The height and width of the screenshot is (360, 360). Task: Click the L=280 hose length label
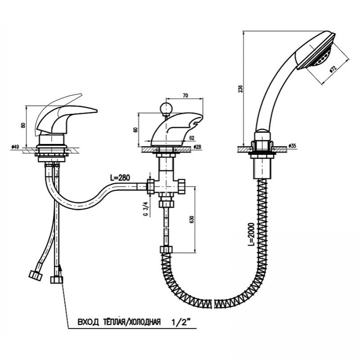tap(120, 178)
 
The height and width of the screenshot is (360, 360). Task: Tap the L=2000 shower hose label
tap(252, 234)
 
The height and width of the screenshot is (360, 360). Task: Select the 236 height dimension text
tap(240, 89)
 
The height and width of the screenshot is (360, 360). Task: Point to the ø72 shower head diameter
tap(333, 69)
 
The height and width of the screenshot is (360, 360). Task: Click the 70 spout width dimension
tap(185, 96)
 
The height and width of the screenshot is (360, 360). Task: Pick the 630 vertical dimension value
tap(192, 220)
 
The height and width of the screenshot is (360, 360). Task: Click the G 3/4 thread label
tap(145, 208)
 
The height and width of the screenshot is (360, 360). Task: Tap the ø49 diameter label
tap(15, 146)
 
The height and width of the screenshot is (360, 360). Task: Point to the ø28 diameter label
tap(198, 147)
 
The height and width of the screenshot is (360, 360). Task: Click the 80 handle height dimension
tap(23, 125)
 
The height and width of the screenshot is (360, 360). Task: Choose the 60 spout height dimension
tap(136, 129)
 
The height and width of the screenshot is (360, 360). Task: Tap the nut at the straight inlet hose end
tap(56, 280)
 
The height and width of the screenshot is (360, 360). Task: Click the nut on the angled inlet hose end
tap(36, 274)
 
